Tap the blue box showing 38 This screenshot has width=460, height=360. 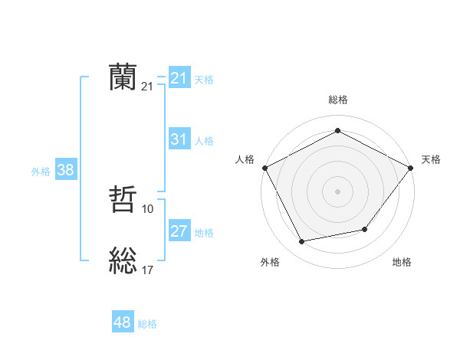coord(65,171)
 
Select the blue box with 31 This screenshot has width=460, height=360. coord(179,139)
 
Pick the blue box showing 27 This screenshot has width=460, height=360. coord(179,231)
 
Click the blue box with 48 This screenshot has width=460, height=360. coord(123,322)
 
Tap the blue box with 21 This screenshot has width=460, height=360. coord(179,78)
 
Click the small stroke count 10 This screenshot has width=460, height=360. coord(148,208)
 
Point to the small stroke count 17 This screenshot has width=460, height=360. coord(148,270)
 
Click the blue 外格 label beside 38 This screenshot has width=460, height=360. coord(41,172)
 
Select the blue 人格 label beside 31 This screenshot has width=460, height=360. coord(204,141)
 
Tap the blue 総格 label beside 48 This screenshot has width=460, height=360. coord(147,324)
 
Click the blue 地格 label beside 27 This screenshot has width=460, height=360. coord(204,233)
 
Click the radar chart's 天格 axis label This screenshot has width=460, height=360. coord(431,159)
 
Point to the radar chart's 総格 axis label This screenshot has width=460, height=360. coord(337,100)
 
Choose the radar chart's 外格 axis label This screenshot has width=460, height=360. coord(270,263)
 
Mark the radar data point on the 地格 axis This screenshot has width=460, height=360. coord(365,229)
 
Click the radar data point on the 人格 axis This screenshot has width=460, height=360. coord(264,168)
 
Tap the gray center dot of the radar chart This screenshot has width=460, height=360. coord(337,191)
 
